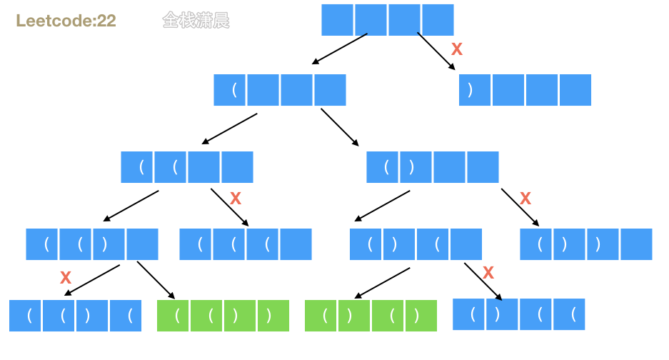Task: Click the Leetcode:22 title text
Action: click(x=66, y=21)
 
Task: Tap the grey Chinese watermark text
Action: click(x=196, y=21)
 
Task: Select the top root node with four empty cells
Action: click(x=387, y=19)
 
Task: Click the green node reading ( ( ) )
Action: click(x=223, y=316)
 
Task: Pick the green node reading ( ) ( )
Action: click(x=371, y=316)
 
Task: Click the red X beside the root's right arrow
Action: click(x=458, y=49)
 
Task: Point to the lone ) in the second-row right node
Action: click(x=470, y=90)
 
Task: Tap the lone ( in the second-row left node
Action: click(x=233, y=90)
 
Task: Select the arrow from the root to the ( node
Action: click(x=339, y=49)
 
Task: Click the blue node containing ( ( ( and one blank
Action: click(x=246, y=244)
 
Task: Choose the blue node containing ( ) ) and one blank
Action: click(x=585, y=244)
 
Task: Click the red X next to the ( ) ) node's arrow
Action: click(x=525, y=199)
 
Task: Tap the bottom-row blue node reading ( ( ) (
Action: click(x=76, y=316)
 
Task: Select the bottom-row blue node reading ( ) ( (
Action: click(x=519, y=314)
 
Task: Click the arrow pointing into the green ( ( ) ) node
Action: click(x=156, y=280)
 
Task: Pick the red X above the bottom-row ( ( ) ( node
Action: click(x=66, y=277)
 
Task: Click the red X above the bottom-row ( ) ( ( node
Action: click(x=488, y=272)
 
